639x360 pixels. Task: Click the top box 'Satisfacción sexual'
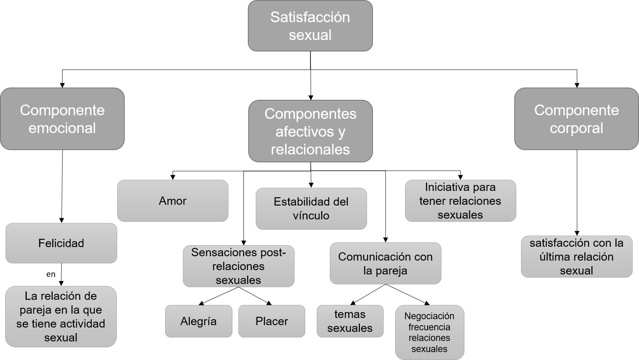tap(310, 26)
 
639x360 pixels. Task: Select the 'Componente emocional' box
tap(62, 119)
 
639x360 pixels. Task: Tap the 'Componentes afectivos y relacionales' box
tap(310, 131)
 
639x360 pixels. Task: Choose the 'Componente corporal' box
tap(576, 119)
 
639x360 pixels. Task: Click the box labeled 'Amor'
tap(173, 201)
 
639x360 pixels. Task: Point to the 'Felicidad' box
tap(61, 243)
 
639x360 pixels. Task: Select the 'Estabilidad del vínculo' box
tap(311, 209)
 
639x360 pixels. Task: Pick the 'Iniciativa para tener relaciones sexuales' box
tap(460, 201)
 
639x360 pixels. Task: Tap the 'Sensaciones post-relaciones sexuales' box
tap(238, 266)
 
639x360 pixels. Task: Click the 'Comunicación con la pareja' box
tap(385, 263)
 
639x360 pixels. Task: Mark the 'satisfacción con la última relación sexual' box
tap(576, 257)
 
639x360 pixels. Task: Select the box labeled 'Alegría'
tap(198, 321)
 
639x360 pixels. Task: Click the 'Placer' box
tap(272, 321)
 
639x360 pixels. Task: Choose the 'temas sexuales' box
tap(350, 321)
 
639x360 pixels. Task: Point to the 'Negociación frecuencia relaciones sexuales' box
tap(430, 332)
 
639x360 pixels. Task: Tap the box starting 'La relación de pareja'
tap(61, 316)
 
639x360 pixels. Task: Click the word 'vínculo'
tap(311, 216)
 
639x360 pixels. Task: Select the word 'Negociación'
tap(430, 316)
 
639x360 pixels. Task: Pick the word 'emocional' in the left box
tap(62, 128)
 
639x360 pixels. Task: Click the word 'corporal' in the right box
tap(576, 128)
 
